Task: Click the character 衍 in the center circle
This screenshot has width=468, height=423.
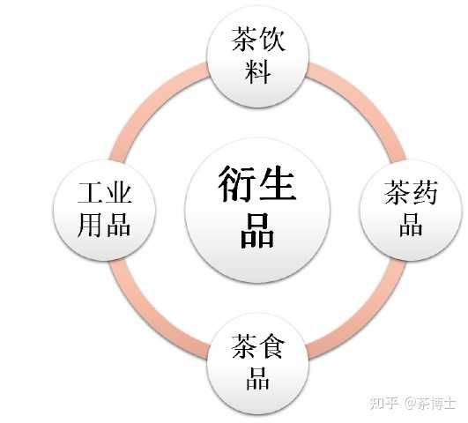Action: [x=236, y=183]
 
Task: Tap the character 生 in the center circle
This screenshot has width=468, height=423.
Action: [x=278, y=182]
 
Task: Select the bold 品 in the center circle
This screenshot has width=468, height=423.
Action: [x=257, y=231]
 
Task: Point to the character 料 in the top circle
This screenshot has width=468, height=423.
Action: [x=258, y=71]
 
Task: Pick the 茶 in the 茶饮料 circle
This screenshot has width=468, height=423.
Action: [x=244, y=39]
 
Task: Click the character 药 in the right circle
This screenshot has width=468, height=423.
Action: [x=425, y=192]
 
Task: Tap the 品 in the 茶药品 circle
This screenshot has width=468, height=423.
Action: [x=411, y=225]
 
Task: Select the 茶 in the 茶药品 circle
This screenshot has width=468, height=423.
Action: [x=397, y=192]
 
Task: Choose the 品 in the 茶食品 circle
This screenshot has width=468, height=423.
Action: [x=258, y=378]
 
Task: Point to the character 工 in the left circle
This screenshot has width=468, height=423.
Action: [x=91, y=192]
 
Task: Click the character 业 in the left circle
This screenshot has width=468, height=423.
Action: [x=118, y=192]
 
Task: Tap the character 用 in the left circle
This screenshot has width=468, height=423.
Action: [x=90, y=225]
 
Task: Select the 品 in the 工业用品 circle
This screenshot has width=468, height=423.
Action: [x=118, y=225]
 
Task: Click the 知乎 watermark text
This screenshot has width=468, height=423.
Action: [x=384, y=403]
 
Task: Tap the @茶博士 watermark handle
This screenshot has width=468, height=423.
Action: [x=430, y=403]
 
